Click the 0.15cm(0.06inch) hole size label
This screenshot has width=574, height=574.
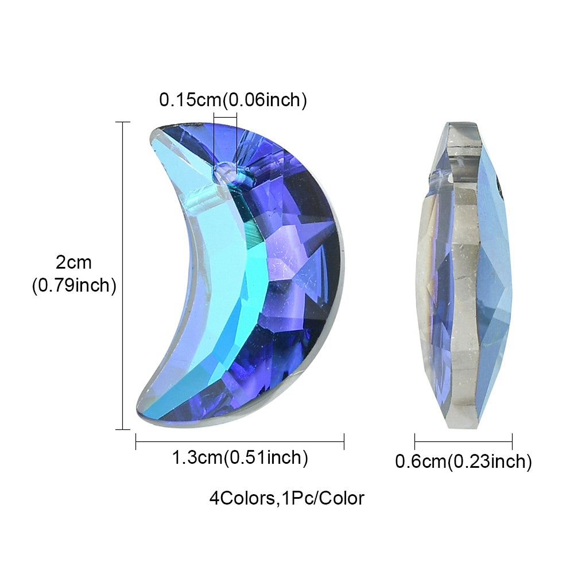[233, 100]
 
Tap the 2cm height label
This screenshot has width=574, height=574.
[73, 262]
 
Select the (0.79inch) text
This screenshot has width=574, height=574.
[74, 285]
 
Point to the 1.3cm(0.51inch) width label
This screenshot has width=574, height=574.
[240, 457]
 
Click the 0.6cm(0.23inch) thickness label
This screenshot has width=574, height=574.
[463, 461]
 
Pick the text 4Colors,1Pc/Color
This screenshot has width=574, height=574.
[286, 498]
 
